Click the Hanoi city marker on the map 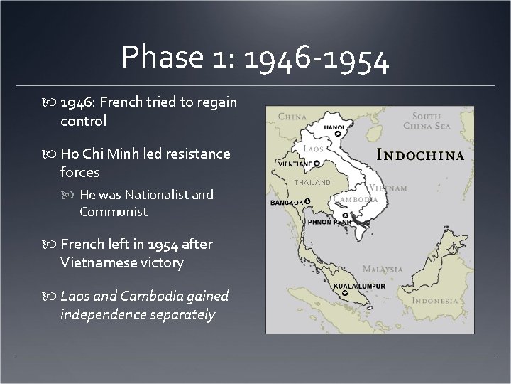[338, 133]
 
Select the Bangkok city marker [308, 201]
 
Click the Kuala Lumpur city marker [344, 293]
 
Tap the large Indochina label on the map [420, 155]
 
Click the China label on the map [292, 116]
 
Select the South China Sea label [431, 121]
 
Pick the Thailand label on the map [312, 183]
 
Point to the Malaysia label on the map [383, 270]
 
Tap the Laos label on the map [313, 149]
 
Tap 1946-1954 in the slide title [316, 58]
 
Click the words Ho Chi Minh [100, 154]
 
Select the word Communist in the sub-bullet [114, 211]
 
